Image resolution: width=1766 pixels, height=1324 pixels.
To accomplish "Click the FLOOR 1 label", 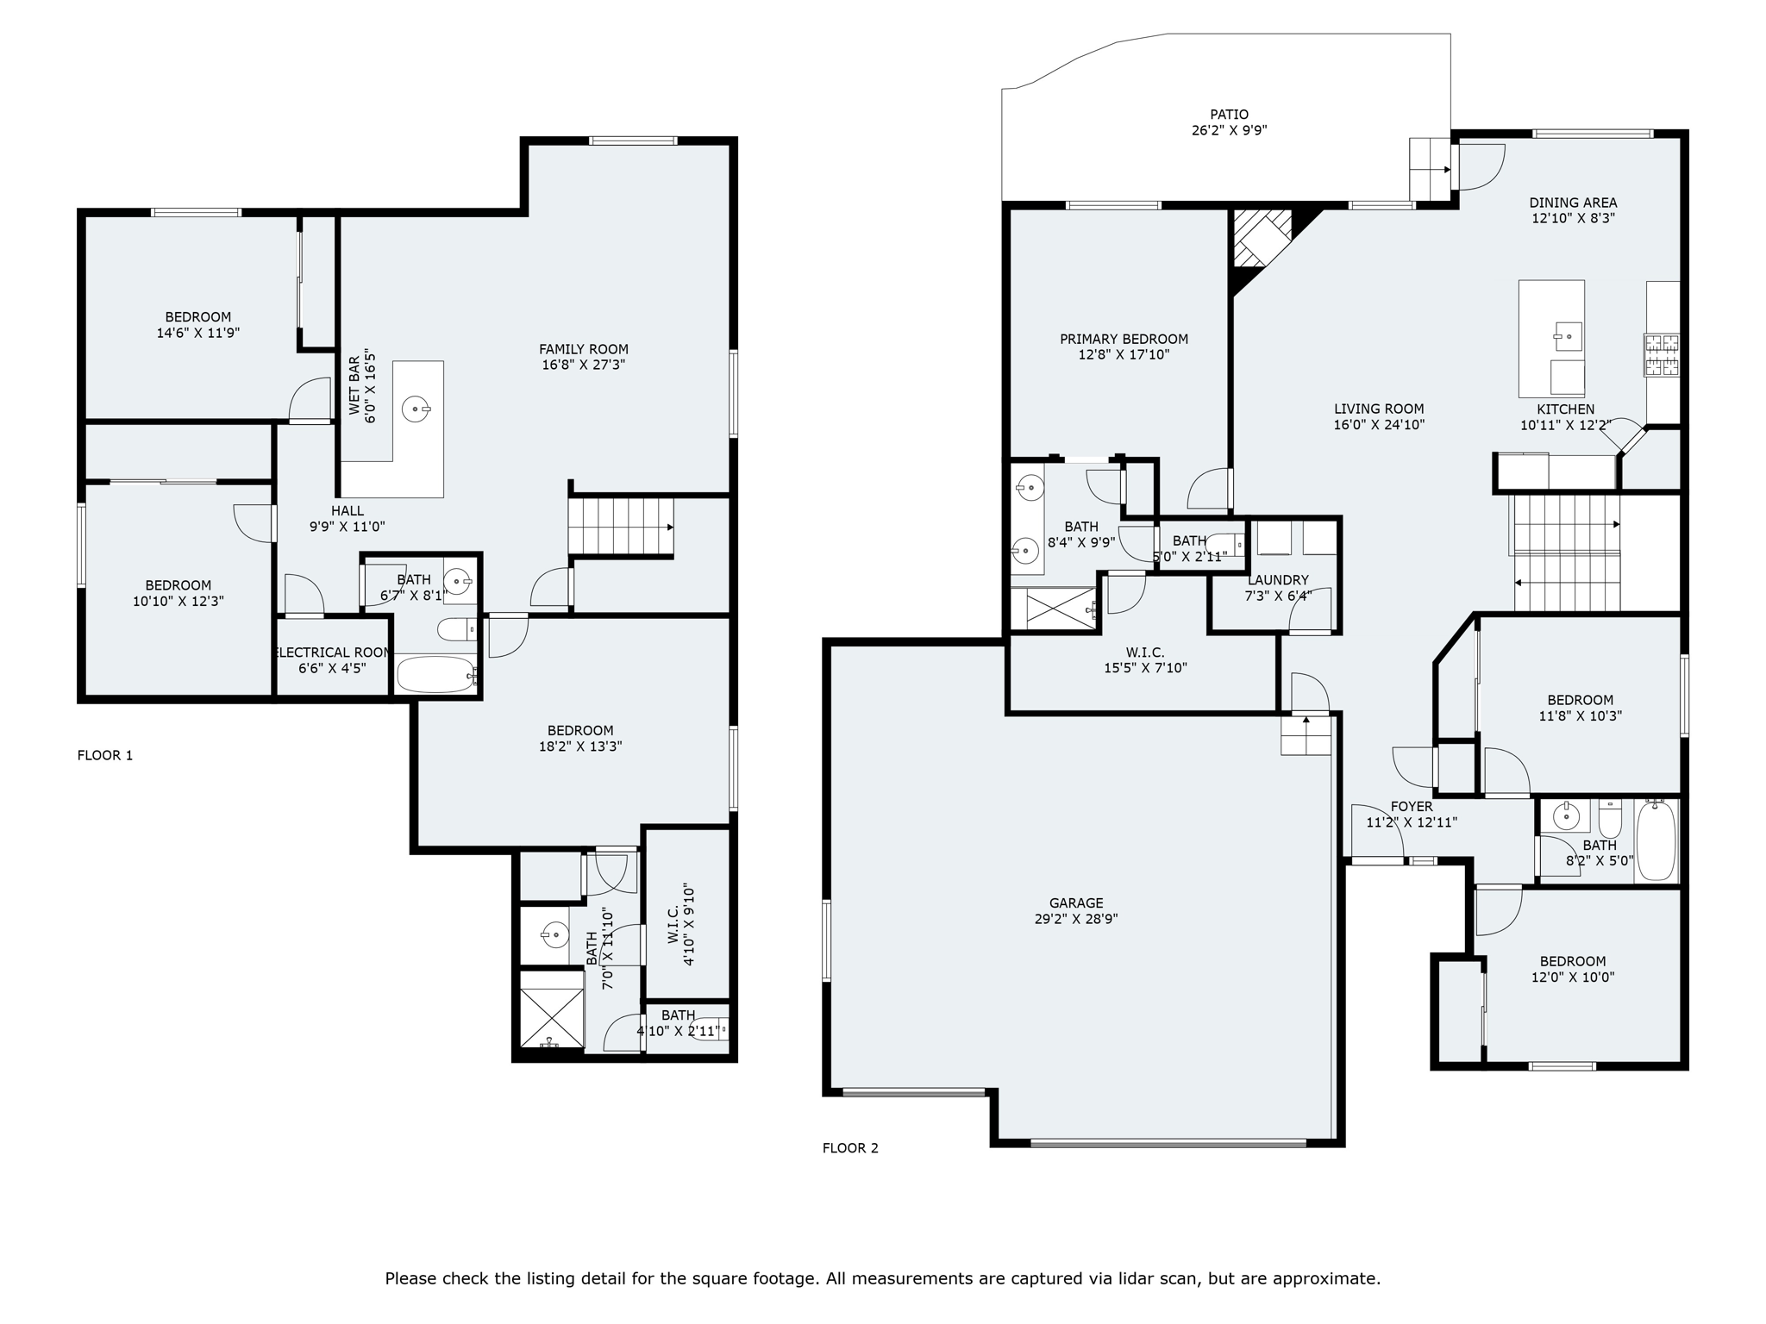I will tap(105, 755).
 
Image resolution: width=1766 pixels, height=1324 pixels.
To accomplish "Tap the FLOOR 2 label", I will tap(850, 1147).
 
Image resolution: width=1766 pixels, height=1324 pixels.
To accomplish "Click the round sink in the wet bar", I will tap(416, 409).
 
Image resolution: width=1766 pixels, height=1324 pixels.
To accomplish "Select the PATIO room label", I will tap(1229, 114).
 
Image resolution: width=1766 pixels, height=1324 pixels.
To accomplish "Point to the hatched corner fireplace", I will tap(1262, 238).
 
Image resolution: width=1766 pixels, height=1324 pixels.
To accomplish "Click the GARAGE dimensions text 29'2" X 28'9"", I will tap(1076, 919).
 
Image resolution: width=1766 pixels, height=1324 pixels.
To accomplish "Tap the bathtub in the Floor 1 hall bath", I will tap(436, 674).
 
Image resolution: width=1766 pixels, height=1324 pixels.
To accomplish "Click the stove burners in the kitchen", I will tap(1662, 355).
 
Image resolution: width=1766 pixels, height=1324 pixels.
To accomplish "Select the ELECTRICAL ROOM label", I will tap(334, 653).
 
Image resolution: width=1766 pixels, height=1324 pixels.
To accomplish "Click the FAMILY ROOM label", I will tap(584, 349).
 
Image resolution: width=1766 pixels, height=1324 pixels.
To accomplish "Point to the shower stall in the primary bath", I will tap(1060, 609).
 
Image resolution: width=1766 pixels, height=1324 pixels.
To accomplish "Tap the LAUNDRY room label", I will tap(1278, 580).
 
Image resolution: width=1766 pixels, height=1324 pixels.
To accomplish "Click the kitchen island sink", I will tap(1569, 336).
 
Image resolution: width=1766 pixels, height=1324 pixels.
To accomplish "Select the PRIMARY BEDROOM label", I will tap(1124, 339).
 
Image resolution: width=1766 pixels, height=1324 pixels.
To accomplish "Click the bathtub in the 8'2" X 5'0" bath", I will tap(1656, 840).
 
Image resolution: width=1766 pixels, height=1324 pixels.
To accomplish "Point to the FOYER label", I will tap(1412, 807).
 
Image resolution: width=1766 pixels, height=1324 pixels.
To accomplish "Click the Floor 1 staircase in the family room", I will tap(620, 527).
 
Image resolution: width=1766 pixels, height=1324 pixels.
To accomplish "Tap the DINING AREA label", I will tap(1573, 203).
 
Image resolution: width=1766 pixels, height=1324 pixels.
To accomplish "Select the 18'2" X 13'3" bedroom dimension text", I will tap(580, 746).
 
